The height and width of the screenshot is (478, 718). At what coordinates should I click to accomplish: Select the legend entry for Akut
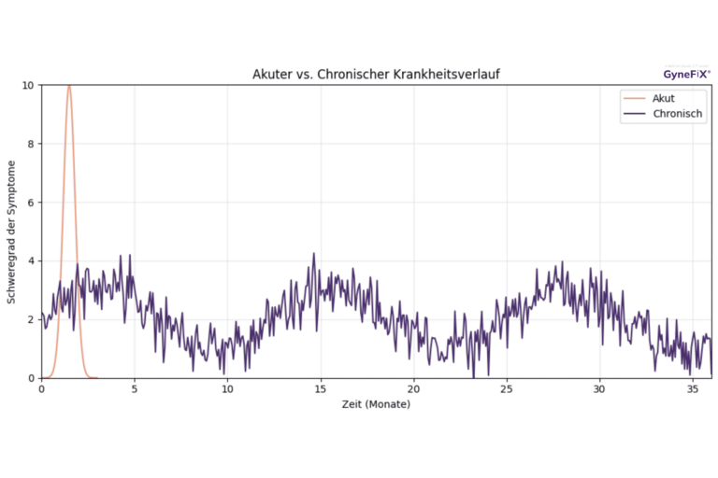[663, 98]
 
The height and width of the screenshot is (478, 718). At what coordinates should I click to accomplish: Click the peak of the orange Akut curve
[68, 86]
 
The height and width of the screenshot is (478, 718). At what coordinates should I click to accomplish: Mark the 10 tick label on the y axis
[29, 86]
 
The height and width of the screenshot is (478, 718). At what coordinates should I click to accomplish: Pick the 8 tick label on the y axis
[32, 144]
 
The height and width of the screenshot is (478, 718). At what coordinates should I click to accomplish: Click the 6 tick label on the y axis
[32, 203]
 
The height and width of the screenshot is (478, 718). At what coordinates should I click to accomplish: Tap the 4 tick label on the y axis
[32, 261]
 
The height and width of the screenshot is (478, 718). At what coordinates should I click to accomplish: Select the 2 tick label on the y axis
[32, 319]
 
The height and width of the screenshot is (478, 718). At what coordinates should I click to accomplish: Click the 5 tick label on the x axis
[134, 389]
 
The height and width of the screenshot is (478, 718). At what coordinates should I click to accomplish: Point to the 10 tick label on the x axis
[227, 389]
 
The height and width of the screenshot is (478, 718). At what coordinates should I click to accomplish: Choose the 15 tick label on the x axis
[320, 389]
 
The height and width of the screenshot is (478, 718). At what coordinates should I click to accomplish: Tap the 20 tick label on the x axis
[413, 389]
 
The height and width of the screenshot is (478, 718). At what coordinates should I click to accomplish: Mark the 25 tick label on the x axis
[506, 389]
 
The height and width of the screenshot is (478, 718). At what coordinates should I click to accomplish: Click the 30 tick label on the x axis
[598, 389]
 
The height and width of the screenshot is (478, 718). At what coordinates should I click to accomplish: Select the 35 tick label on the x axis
[692, 389]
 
